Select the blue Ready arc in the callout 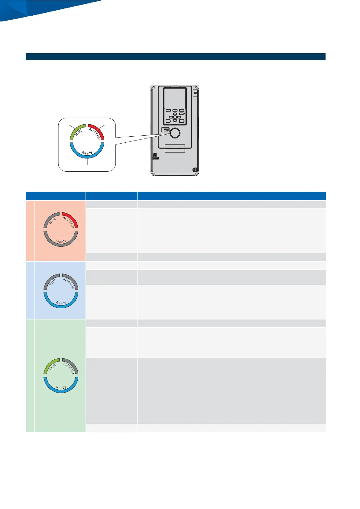click(x=87, y=154)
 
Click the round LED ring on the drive click(x=175, y=133)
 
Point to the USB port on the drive click(x=165, y=130)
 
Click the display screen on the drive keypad click(x=175, y=97)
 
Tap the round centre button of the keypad click(x=175, y=117)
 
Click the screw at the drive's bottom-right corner click(x=195, y=170)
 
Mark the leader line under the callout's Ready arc click(x=87, y=161)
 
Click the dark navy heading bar click(x=175, y=57)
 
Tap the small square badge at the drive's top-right click(x=195, y=93)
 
